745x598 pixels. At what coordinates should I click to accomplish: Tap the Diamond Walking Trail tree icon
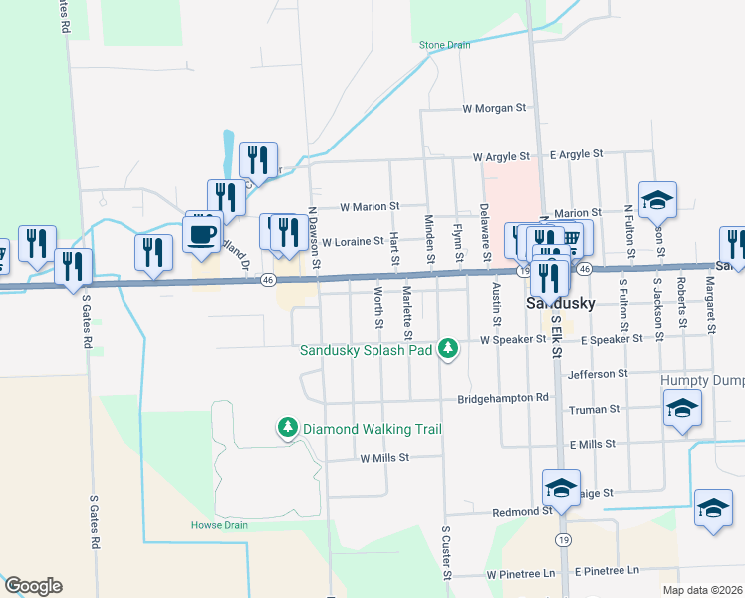click(x=288, y=428)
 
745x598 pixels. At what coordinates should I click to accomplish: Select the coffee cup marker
click(x=202, y=234)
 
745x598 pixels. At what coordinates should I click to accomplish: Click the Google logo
click(x=33, y=586)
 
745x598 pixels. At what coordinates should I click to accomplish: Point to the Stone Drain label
click(x=444, y=45)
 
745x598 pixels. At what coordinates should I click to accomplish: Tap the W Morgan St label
click(x=493, y=108)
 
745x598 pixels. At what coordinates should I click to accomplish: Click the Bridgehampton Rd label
click(x=503, y=398)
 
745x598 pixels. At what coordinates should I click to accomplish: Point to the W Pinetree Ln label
click(x=520, y=575)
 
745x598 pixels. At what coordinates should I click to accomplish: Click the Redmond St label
click(x=522, y=511)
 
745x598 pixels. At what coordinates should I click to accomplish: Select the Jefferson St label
click(x=597, y=374)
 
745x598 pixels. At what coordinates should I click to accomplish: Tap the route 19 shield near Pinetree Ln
click(x=564, y=540)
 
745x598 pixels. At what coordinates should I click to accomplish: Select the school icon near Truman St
click(x=682, y=408)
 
